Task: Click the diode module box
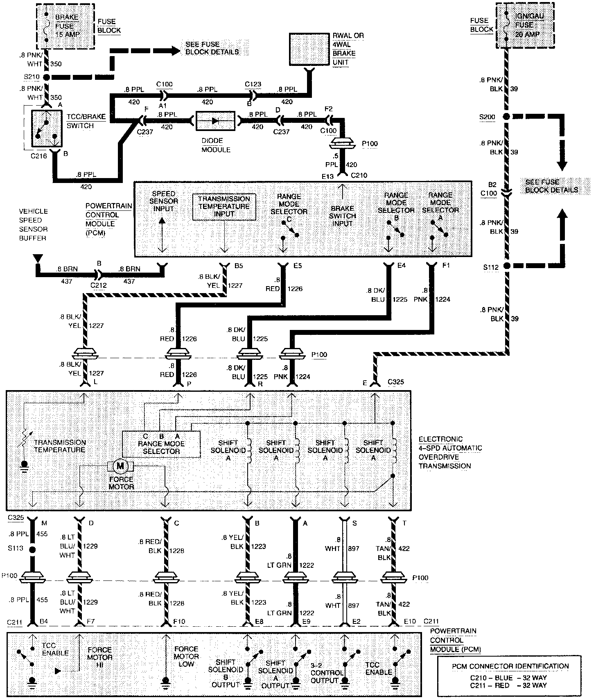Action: (x=215, y=121)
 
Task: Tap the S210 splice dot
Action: (x=47, y=77)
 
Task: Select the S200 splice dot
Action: (x=506, y=117)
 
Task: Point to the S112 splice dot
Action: (x=506, y=266)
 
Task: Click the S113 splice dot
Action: (x=32, y=549)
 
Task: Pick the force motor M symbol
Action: (x=120, y=465)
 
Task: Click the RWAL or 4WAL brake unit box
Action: (x=308, y=49)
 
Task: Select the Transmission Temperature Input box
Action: (x=224, y=207)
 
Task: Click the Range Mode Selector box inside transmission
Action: (x=161, y=444)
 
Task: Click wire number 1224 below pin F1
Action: (x=443, y=299)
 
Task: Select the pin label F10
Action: (x=179, y=621)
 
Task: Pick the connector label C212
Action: (x=99, y=285)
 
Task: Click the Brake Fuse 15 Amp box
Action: (x=65, y=25)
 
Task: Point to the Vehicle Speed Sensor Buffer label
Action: (x=33, y=225)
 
